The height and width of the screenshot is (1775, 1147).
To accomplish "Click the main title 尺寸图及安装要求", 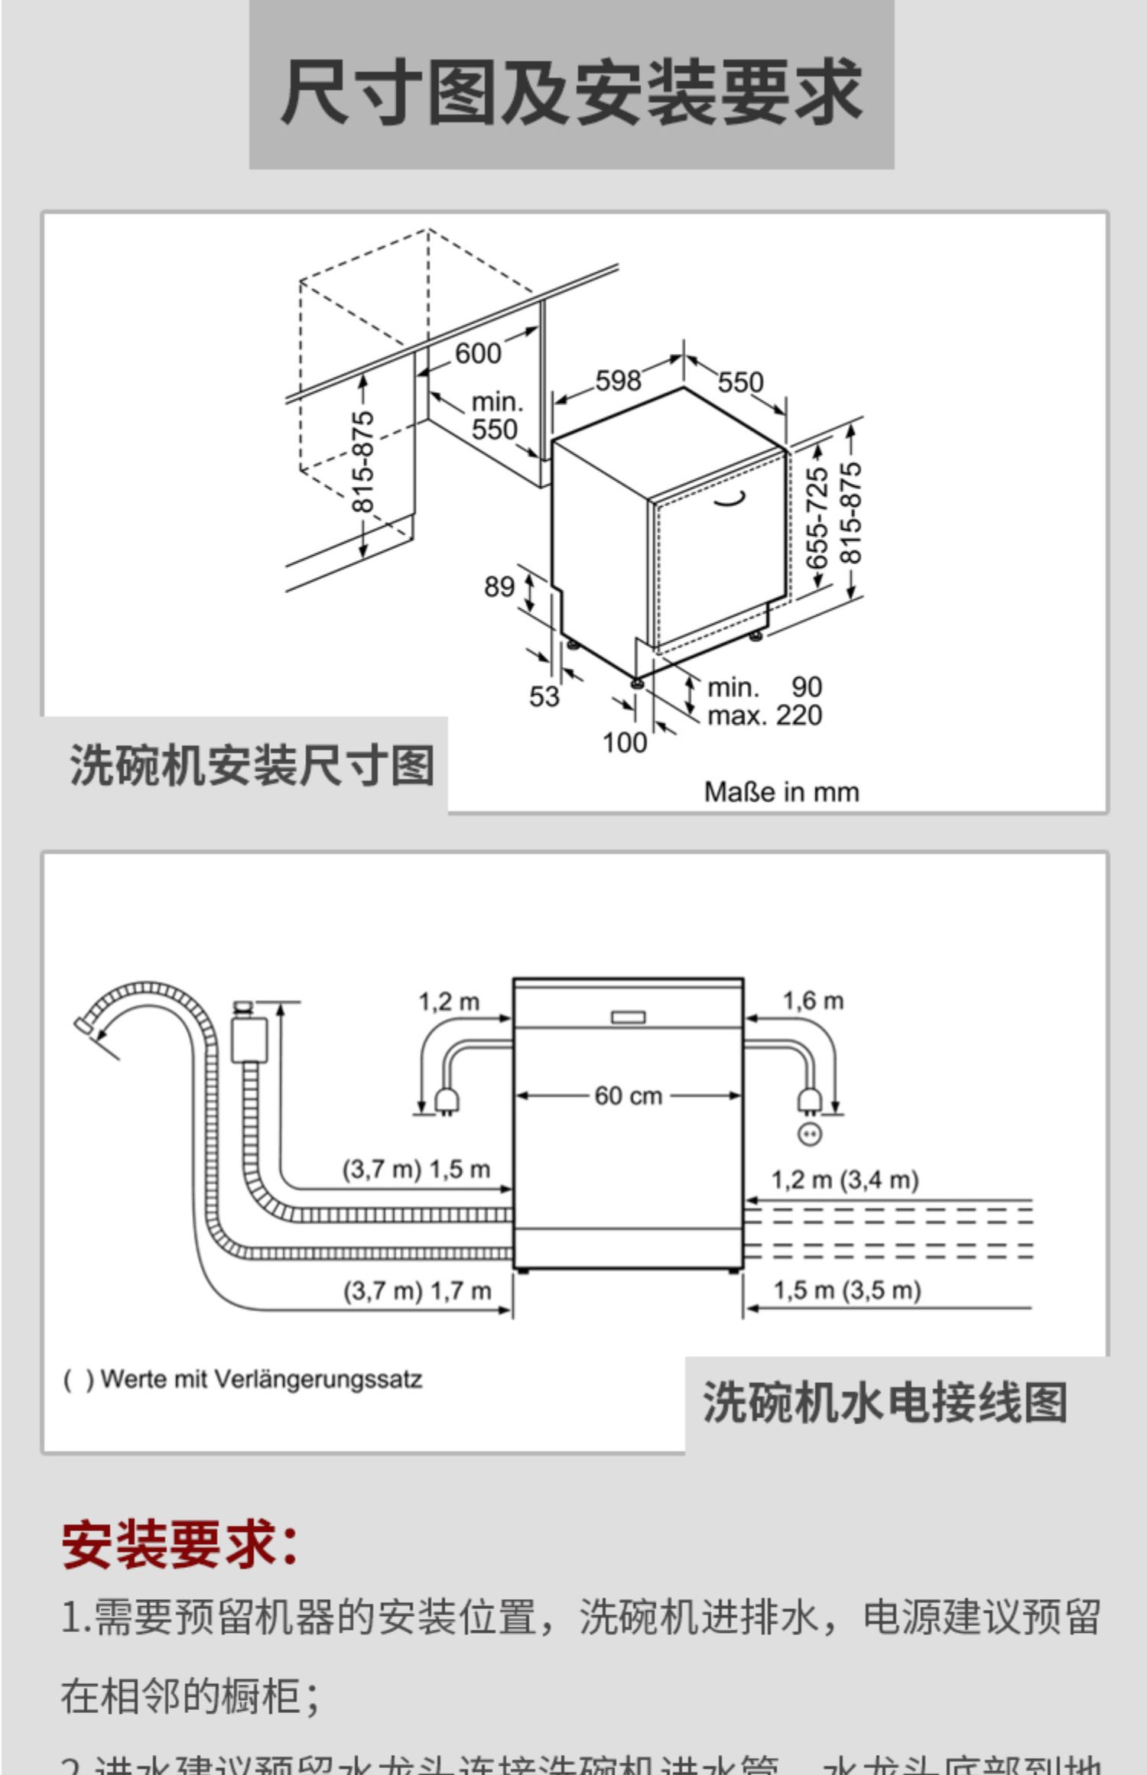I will pyautogui.click(x=571, y=92).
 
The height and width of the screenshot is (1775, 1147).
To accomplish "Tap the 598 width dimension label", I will pyautogui.click(x=618, y=381).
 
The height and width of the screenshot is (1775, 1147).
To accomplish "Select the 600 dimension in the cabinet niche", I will pyautogui.click(x=478, y=353).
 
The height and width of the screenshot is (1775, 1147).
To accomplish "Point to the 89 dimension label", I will pyautogui.click(x=499, y=586).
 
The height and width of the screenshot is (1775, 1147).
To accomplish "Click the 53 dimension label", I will pyautogui.click(x=544, y=696).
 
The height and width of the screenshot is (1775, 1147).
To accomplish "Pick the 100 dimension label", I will pyautogui.click(x=625, y=742).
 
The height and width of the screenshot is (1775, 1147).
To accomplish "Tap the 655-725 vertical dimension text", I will pyautogui.click(x=817, y=518).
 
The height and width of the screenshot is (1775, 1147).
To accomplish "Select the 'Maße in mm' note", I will pyautogui.click(x=781, y=792).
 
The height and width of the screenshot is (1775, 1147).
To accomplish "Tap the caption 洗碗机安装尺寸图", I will pyautogui.click(x=252, y=765).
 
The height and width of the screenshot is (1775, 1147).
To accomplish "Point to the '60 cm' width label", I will pyautogui.click(x=628, y=1095).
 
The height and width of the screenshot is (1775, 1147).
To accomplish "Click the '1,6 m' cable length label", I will pyautogui.click(x=813, y=1001).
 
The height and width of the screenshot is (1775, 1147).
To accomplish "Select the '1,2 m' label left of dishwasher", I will pyautogui.click(x=449, y=1001).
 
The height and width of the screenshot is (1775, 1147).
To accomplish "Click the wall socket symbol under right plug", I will pyautogui.click(x=810, y=1133).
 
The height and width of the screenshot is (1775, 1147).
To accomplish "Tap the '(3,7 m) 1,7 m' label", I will pyautogui.click(x=417, y=1291).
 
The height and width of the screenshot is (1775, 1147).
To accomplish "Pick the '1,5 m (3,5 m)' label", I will pyautogui.click(x=846, y=1290).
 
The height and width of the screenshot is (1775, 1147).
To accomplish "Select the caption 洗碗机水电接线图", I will pyautogui.click(x=885, y=1403).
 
